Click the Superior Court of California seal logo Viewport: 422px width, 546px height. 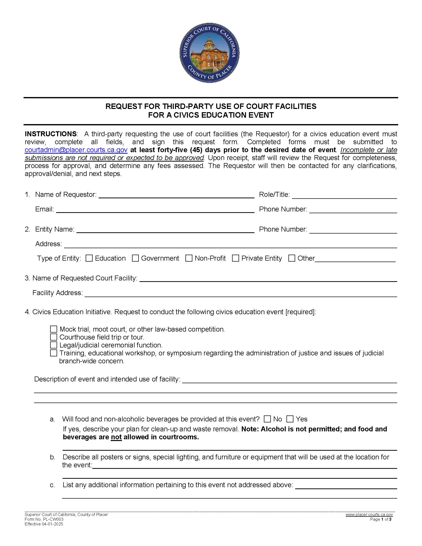click(x=210, y=53)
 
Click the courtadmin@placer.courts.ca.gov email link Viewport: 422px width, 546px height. click(x=76, y=150)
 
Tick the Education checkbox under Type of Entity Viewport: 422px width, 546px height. click(x=89, y=258)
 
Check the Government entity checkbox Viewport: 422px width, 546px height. click(x=135, y=258)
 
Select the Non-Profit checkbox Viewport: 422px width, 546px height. click(x=189, y=258)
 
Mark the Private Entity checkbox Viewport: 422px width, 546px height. click(x=236, y=258)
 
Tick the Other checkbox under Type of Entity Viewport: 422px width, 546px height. click(x=292, y=258)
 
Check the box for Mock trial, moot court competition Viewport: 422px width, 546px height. click(x=54, y=329)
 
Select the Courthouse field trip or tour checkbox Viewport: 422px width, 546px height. click(x=54, y=337)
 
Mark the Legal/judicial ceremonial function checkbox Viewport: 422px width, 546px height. click(x=54, y=345)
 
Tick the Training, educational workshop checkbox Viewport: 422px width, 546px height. click(x=54, y=353)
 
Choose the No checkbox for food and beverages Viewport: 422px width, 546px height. click(x=268, y=419)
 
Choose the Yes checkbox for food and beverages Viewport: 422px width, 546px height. click(x=290, y=419)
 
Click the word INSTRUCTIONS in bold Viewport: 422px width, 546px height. click(x=51, y=134)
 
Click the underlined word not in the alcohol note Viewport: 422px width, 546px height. click(x=116, y=437)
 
